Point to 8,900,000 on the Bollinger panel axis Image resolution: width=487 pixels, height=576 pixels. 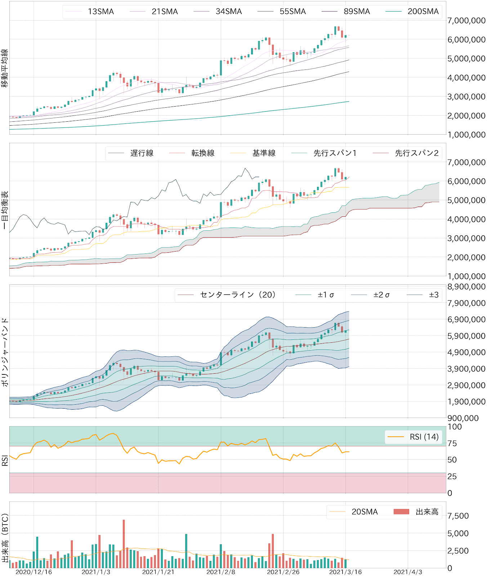pyautogui.click(x=466, y=287)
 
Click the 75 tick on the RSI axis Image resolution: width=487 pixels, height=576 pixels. pyautogui.click(x=452, y=444)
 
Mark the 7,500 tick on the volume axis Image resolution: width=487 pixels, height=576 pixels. pyautogui.click(x=458, y=516)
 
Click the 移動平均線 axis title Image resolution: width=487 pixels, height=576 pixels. pyautogui.click(x=5, y=68)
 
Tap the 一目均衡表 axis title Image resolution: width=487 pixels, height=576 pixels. pyautogui.click(x=5, y=210)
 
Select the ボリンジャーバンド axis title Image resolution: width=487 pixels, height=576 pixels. pyautogui.click(x=5, y=352)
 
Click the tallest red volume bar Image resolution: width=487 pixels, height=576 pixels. pyautogui.click(x=124, y=544)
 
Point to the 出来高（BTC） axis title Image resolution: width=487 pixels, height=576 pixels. pyautogui.click(x=5, y=538)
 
